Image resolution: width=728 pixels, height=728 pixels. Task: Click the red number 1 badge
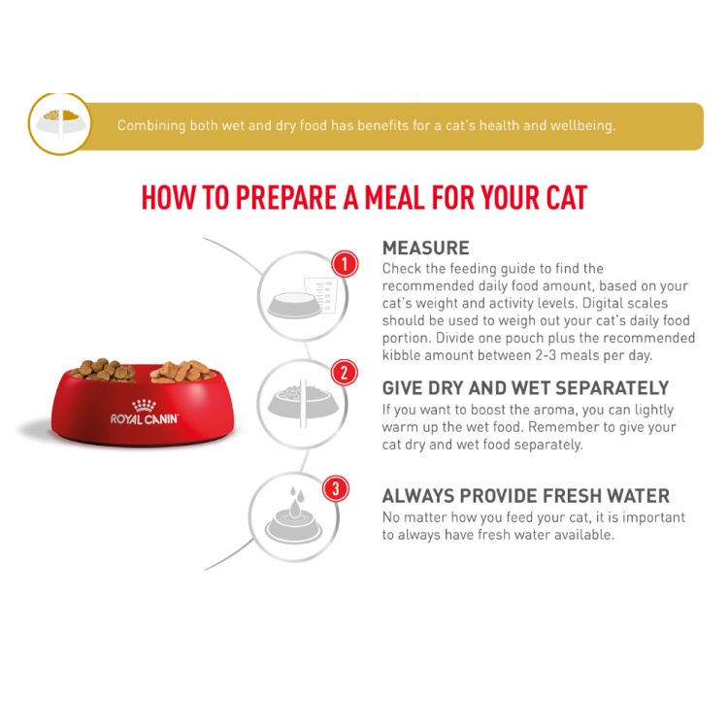(345, 264)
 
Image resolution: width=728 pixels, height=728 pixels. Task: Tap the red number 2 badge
(344, 373)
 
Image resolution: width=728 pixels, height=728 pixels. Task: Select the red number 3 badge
(336, 489)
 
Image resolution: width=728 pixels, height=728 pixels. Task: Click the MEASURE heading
(426, 248)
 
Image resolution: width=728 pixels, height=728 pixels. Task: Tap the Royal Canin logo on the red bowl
(144, 413)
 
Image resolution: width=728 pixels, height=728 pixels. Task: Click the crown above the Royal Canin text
(144, 406)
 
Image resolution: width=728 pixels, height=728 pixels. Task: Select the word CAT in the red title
(567, 198)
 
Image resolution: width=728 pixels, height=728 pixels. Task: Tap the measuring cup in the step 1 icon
(319, 294)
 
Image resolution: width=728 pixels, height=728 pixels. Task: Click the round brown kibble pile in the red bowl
(103, 370)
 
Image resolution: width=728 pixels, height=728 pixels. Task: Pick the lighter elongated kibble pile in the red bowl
(183, 371)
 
